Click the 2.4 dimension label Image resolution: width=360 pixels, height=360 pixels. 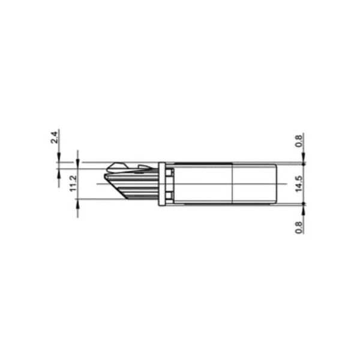pos(54,137)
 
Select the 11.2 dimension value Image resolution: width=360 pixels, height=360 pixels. pos(73,184)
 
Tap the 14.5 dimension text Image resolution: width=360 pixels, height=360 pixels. pos(298,184)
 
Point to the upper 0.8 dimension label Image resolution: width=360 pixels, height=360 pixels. pos(298,141)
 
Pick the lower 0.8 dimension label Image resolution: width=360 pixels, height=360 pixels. pos(298,227)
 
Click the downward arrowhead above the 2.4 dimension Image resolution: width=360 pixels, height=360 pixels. pos(59,157)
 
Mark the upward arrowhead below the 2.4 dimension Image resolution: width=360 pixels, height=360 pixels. pos(59,174)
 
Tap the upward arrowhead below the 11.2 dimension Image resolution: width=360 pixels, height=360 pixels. pos(77,204)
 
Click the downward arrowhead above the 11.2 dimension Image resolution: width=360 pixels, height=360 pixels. pos(77,157)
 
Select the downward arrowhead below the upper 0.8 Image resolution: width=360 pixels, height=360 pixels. pos(304,158)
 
